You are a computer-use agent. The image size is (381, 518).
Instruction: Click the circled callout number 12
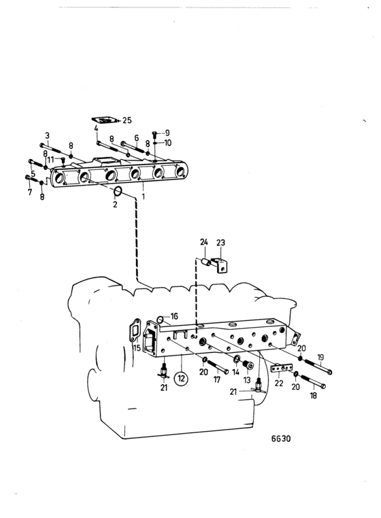click(x=181, y=378)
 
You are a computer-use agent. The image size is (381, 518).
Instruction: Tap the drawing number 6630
click(x=281, y=438)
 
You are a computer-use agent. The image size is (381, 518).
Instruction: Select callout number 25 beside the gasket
click(x=127, y=120)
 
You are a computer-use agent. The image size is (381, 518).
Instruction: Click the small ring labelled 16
click(x=160, y=320)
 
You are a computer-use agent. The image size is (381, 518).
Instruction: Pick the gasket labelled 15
click(x=135, y=330)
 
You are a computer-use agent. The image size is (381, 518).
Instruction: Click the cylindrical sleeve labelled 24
click(x=206, y=262)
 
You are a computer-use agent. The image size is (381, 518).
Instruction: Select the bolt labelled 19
click(x=318, y=366)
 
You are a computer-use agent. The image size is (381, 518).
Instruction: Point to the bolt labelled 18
click(x=313, y=381)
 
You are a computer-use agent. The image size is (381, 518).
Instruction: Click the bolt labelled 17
click(x=217, y=366)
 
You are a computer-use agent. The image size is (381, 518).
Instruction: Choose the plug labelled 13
click(x=248, y=365)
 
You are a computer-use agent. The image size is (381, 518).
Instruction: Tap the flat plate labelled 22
click(x=281, y=368)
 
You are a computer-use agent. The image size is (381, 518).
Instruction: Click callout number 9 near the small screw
click(x=167, y=133)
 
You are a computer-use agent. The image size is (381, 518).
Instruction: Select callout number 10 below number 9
click(x=168, y=143)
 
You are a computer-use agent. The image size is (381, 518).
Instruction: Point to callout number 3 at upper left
click(x=48, y=135)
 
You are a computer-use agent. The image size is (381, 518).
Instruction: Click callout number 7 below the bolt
click(x=30, y=192)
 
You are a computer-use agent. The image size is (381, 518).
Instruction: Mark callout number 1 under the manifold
click(x=143, y=196)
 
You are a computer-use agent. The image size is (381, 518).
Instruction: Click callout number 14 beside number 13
click(x=235, y=373)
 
